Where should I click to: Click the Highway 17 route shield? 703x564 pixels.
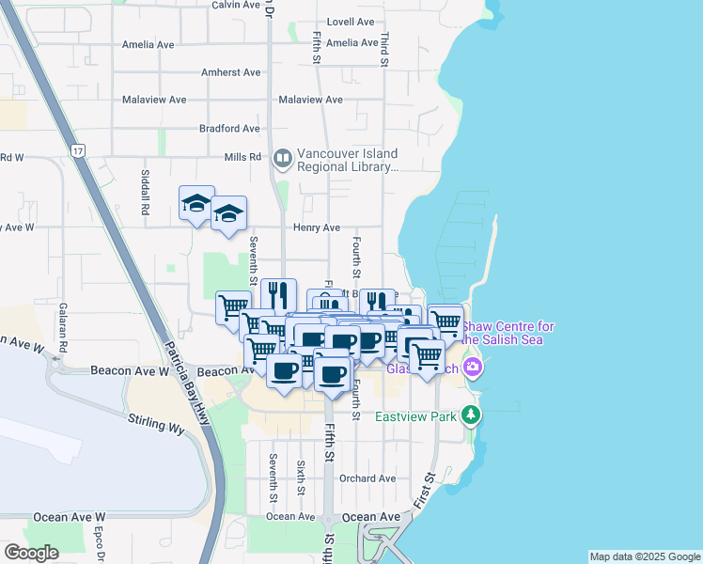(78, 150)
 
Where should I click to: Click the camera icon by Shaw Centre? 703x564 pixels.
(472, 368)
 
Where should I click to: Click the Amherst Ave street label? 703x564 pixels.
(231, 72)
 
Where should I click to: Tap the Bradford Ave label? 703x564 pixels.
(229, 129)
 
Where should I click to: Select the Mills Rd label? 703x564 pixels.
(242, 157)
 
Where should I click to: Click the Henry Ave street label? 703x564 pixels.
(316, 227)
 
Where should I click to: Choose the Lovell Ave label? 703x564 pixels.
(351, 22)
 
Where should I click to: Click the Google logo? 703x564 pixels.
(31, 553)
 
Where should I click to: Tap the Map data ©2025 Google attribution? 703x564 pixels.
(645, 556)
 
